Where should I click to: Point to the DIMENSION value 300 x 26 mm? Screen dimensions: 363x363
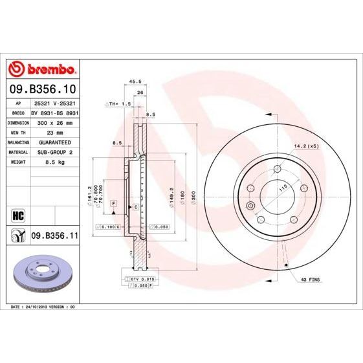point(54,122)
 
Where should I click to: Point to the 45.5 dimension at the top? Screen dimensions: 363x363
point(135,82)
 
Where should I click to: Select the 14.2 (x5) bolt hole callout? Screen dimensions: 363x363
point(307,146)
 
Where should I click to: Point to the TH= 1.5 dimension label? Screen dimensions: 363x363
point(119,104)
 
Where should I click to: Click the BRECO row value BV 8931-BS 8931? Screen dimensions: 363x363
point(54,112)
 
